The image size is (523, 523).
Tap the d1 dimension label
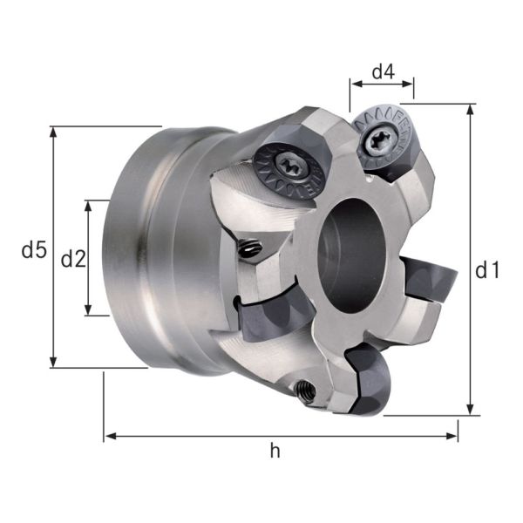(487, 271)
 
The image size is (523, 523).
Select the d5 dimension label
(33, 251)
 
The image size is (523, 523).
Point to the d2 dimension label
(73, 258)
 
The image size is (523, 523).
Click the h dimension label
(275, 451)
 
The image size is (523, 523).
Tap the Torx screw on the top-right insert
(380, 139)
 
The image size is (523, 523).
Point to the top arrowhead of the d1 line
(471, 109)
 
